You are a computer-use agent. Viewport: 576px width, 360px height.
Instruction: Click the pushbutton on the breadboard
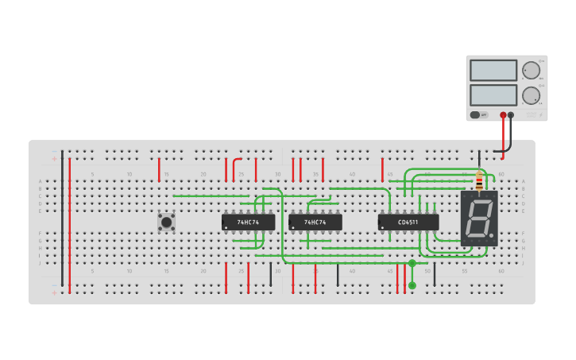[x=166, y=222]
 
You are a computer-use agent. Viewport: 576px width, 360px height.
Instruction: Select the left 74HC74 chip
[x=248, y=223]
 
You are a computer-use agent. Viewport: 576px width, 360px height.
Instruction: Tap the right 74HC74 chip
[x=315, y=223]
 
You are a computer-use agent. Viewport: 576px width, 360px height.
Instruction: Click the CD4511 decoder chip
[x=408, y=223]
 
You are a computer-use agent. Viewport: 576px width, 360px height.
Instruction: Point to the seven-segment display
[x=479, y=218]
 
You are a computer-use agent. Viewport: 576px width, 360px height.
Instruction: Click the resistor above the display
[x=478, y=182]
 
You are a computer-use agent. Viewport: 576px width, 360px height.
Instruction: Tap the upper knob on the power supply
[x=530, y=70]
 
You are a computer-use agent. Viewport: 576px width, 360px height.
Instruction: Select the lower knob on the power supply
[x=530, y=96]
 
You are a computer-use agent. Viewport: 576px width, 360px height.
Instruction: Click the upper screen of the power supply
[x=493, y=70]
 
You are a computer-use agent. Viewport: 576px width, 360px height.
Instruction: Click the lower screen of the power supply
[x=493, y=95]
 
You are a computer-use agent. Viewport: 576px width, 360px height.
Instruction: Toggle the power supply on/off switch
[x=474, y=114]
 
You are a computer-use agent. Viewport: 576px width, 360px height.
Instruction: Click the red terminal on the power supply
[x=503, y=114]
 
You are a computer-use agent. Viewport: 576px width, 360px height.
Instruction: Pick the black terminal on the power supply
[x=511, y=114]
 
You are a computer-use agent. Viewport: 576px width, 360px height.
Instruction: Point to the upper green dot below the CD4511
[x=412, y=263]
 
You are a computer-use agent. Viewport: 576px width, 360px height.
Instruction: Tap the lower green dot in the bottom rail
[x=412, y=285]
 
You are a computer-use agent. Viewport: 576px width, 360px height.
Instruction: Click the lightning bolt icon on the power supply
[x=485, y=114]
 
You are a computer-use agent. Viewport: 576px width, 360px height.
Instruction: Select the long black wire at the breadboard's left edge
[x=63, y=219]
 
